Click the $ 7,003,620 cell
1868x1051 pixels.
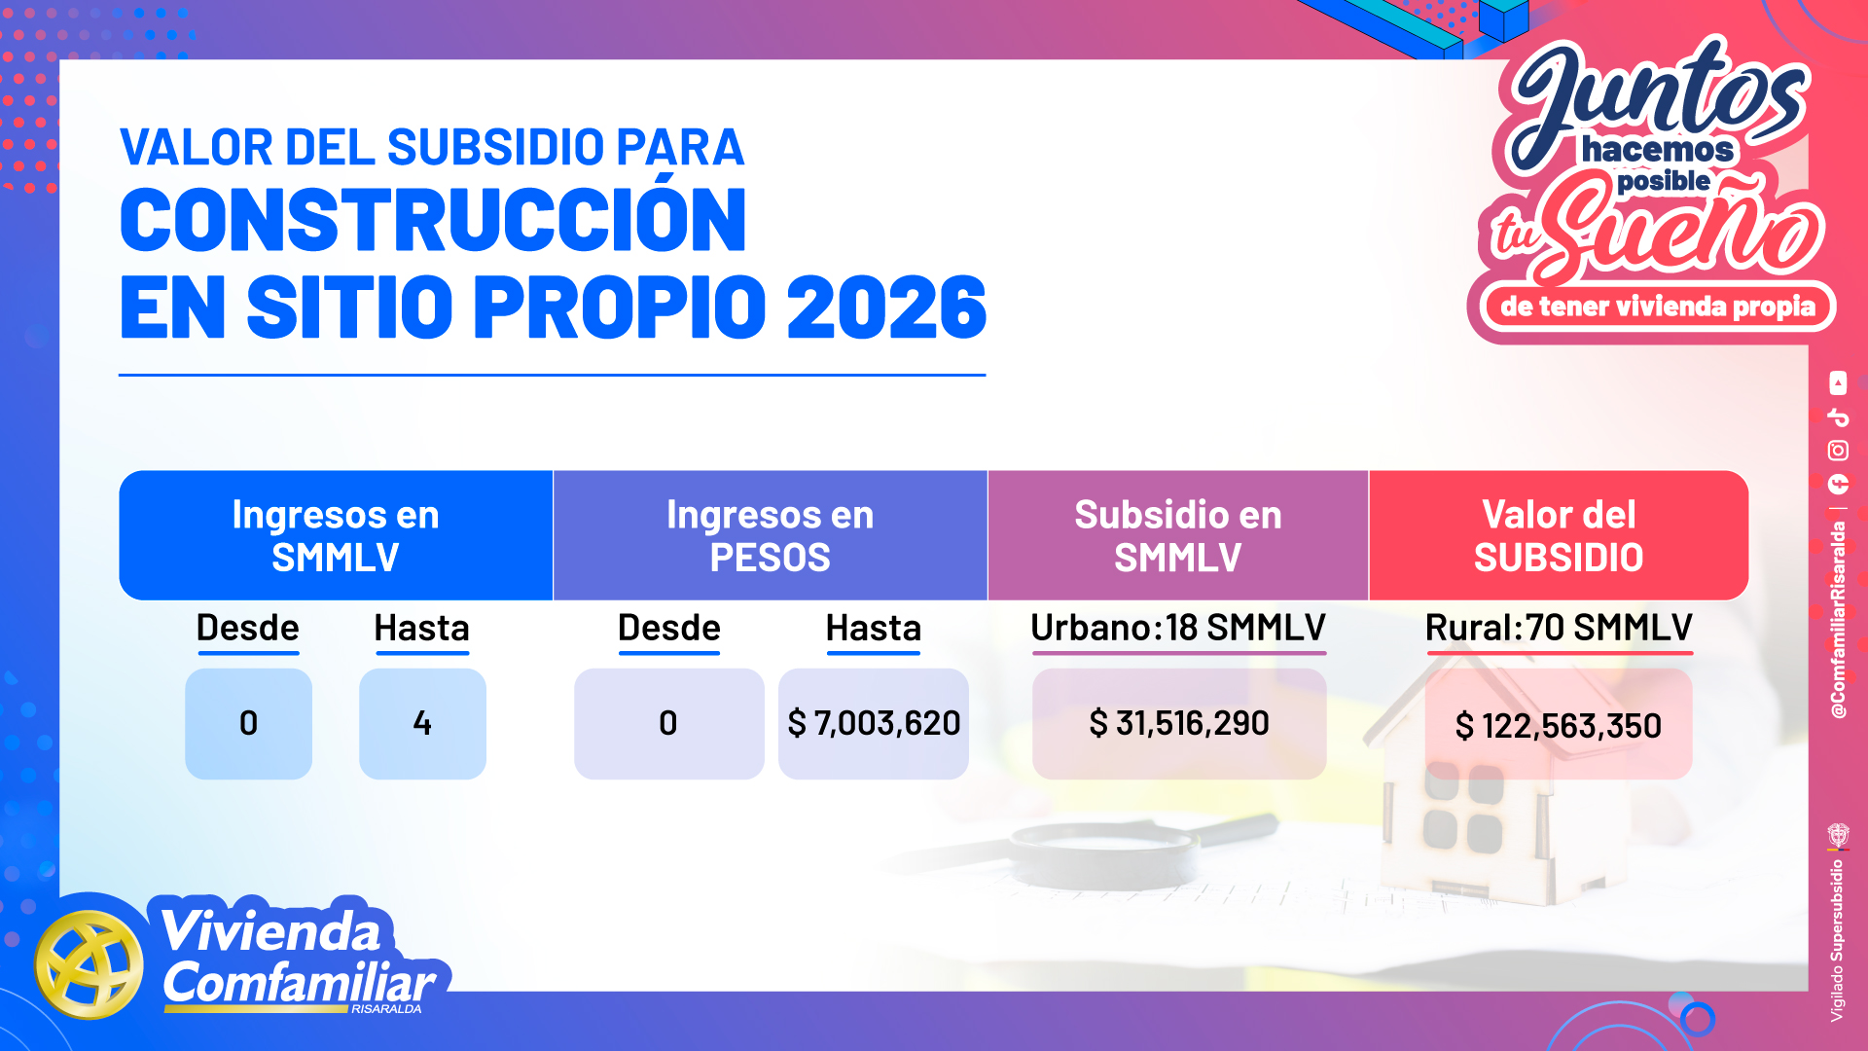(x=874, y=723)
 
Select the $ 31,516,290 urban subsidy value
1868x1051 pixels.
(x=1179, y=723)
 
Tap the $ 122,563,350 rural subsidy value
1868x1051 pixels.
(x=1559, y=725)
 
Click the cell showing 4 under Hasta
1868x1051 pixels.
(x=422, y=723)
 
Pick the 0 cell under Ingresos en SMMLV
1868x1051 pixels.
(x=248, y=723)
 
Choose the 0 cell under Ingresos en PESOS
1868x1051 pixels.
(x=668, y=723)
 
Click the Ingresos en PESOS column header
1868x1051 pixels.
(x=771, y=535)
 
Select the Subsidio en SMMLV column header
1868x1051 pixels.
(x=1178, y=535)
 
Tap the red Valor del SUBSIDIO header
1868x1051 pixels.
(x=1559, y=535)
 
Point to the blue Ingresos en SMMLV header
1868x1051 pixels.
(x=336, y=535)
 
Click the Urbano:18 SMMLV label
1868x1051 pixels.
(x=1178, y=628)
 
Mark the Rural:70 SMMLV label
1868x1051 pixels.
(x=1559, y=628)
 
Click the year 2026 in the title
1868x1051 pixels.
(x=886, y=307)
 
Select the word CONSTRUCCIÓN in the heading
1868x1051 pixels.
(x=434, y=219)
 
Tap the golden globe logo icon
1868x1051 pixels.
(x=89, y=964)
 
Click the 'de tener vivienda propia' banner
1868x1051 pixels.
(x=1657, y=307)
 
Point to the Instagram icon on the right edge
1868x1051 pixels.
(x=1838, y=451)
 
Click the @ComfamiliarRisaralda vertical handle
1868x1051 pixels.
(x=1838, y=621)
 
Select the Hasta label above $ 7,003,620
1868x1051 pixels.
(x=874, y=628)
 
